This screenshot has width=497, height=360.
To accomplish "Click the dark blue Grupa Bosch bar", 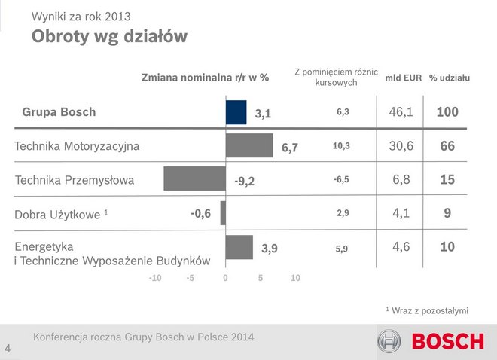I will click(236, 112).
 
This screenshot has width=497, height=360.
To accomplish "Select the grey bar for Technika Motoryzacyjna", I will click(249, 145).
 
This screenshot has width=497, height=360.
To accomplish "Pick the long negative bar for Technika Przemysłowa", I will click(194, 178).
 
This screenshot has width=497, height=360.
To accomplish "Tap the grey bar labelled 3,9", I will click(239, 247).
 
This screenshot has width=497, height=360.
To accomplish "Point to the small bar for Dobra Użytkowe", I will click(223, 213).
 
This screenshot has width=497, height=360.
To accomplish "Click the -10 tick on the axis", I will click(155, 278).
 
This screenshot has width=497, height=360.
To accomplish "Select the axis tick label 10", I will click(295, 278).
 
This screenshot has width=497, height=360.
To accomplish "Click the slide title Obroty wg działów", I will click(109, 36).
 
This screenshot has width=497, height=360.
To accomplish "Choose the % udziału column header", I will click(450, 78).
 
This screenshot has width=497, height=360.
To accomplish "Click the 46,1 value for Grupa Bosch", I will click(401, 112).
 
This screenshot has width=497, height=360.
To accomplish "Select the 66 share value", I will click(447, 146).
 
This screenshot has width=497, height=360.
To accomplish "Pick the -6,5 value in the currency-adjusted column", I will click(342, 180).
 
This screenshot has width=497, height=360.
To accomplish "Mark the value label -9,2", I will click(245, 181).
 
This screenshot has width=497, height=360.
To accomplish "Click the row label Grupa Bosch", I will click(59, 112).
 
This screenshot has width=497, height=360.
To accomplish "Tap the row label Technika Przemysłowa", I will click(75, 180).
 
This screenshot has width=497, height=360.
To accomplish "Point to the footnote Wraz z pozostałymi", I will click(428, 310).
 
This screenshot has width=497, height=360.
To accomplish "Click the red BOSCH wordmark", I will click(447, 342).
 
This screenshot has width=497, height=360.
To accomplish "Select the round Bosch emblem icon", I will click(391, 342).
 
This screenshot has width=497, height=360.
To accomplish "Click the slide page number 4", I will click(8, 349).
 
